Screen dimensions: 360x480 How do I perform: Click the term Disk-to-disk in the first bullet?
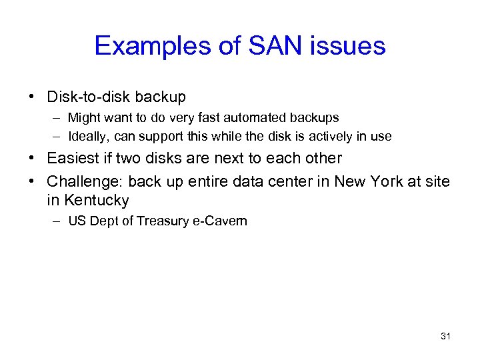pyautogui.click(x=89, y=97)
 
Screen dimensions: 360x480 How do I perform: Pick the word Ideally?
pyautogui.click(x=88, y=137)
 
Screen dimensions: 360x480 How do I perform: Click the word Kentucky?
pyautogui.click(x=97, y=200)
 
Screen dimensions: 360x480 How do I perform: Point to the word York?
pyautogui.click(x=387, y=181)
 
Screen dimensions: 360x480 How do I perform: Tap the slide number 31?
pyautogui.click(x=445, y=336)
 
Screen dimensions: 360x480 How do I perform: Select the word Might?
pyautogui.click(x=83, y=118)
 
